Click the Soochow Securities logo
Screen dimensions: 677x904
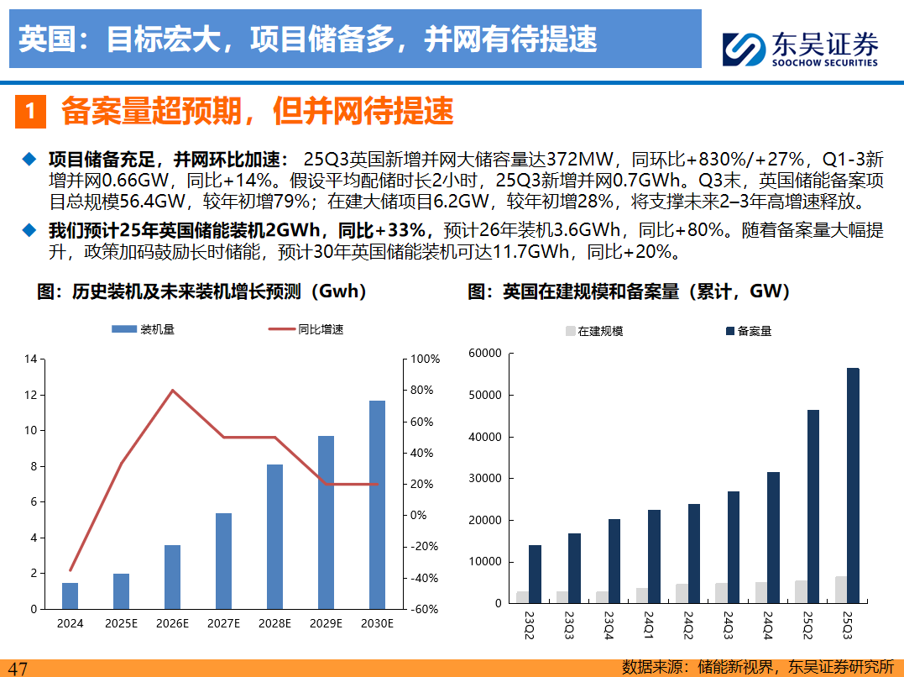tap(800, 50)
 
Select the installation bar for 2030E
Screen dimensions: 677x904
tap(378, 504)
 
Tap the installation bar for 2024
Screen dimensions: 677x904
tap(71, 596)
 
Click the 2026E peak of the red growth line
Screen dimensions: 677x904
tap(172, 391)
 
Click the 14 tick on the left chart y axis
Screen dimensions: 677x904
tap(31, 359)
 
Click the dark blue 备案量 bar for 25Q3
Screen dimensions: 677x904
tap(853, 485)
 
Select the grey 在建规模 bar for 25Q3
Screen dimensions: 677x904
tap(840, 590)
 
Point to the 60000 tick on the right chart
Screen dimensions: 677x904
tap(485, 354)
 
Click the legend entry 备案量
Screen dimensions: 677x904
tap(747, 331)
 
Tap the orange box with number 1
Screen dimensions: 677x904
tap(30, 112)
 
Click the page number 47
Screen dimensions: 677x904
tap(17, 669)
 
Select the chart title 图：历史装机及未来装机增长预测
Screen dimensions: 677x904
tap(202, 291)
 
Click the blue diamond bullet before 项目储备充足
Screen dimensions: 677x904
tap(30, 159)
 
